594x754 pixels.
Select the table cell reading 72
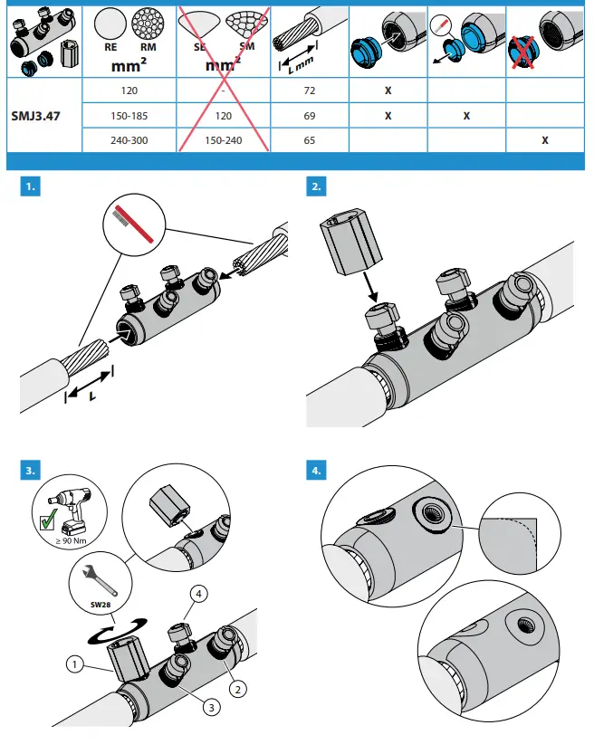[x=310, y=91]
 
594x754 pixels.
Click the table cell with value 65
[x=310, y=141]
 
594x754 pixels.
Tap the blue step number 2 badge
[x=318, y=187]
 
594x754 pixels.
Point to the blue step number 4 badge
[x=318, y=470]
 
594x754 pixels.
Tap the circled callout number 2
[x=238, y=689]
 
